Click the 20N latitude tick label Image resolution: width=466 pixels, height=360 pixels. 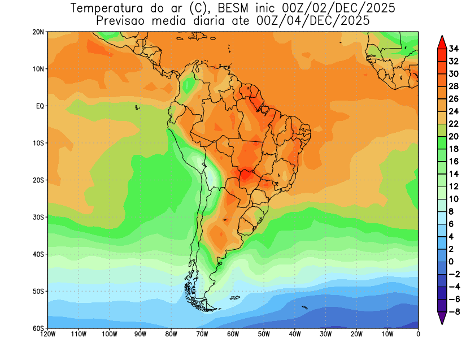[x=38, y=32]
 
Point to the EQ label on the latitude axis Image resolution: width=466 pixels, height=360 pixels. [x=40, y=106]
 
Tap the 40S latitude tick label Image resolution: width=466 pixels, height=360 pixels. [x=38, y=254]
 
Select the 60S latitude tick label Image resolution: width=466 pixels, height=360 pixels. [x=38, y=328]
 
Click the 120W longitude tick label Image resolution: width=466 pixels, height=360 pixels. [x=48, y=334]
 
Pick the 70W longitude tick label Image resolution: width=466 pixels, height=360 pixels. [x=202, y=334]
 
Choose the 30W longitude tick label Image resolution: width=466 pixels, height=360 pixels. [x=325, y=334]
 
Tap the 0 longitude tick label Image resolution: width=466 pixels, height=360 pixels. [x=418, y=334]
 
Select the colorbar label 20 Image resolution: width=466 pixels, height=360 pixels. [x=454, y=136]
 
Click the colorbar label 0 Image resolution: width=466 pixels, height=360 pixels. [x=451, y=261]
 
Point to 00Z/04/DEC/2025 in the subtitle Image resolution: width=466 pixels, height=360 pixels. [x=315, y=21]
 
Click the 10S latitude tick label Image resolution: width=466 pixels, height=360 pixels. [x=38, y=143]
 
